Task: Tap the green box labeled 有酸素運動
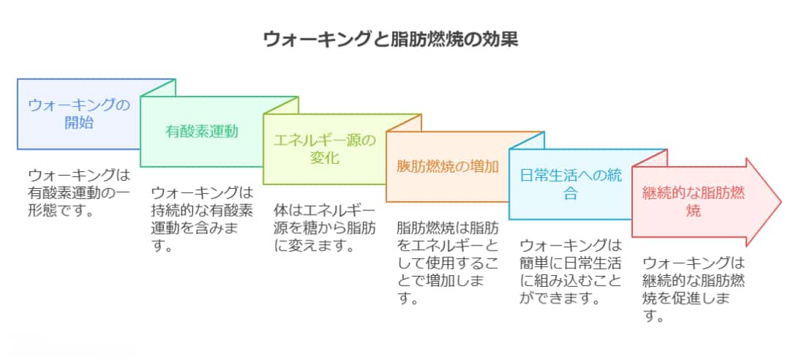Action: (x=202, y=132)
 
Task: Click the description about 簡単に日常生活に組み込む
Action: (x=570, y=271)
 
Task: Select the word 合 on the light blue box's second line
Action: (x=570, y=194)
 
